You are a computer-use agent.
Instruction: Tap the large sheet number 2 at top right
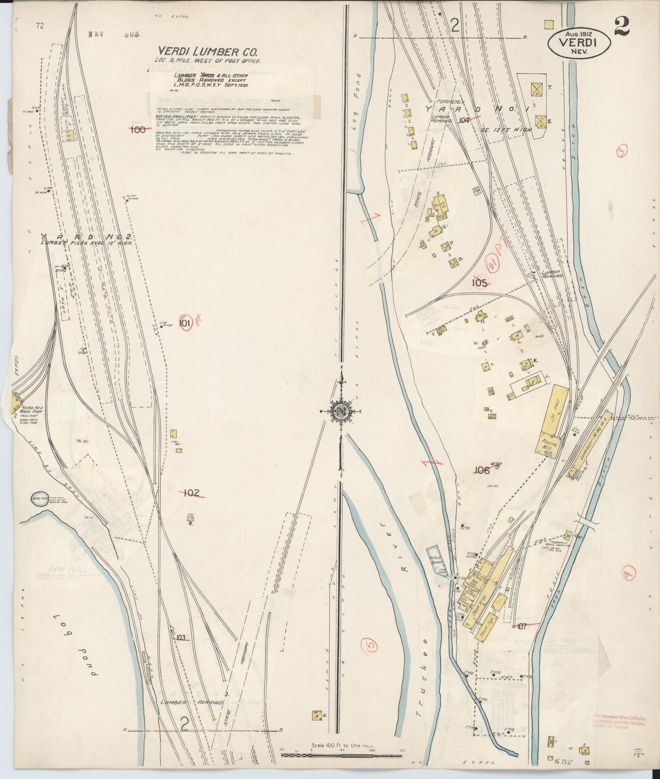click(622, 26)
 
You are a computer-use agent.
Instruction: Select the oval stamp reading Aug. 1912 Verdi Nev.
click(579, 43)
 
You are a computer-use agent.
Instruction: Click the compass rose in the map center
click(341, 410)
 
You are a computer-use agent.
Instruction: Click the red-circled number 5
click(370, 645)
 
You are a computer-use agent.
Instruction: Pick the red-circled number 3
click(623, 151)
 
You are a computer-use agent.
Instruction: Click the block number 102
click(192, 493)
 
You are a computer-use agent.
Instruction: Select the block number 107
click(522, 626)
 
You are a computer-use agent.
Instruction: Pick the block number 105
click(480, 283)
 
